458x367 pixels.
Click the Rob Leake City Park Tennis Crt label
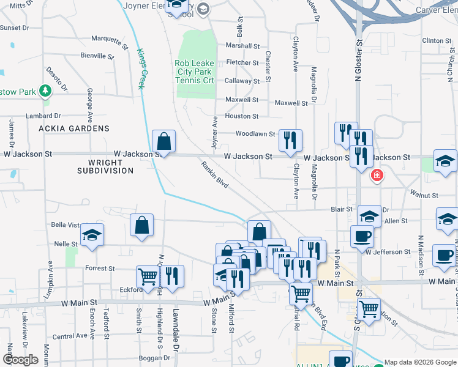coord(195,72)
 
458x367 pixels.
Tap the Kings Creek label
coord(140,69)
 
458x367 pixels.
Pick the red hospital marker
coord(378,176)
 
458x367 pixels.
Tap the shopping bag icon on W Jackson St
coord(164,141)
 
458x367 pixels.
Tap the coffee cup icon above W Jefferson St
coord(361,236)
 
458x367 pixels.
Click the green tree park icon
coord(45,92)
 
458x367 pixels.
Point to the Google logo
coord(20,360)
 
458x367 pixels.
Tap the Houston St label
coord(242,116)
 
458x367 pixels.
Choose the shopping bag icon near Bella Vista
coord(141,224)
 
